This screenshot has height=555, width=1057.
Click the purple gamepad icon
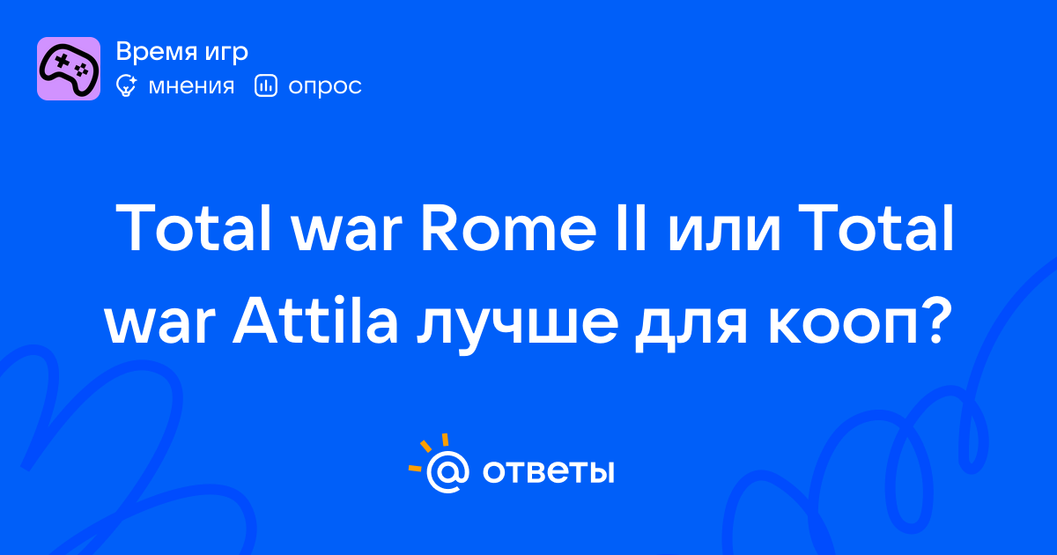[x=69, y=69]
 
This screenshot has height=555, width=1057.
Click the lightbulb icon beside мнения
[x=126, y=85]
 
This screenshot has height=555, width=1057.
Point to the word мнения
[x=191, y=86]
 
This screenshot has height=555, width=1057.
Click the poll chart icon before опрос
[x=266, y=85]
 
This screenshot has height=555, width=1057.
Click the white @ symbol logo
[x=447, y=471]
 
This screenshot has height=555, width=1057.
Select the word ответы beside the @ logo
[x=548, y=472]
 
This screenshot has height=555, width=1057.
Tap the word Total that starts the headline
[x=194, y=228]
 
